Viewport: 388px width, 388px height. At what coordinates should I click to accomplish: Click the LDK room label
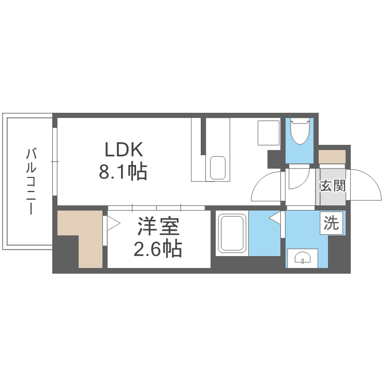(x=124, y=150)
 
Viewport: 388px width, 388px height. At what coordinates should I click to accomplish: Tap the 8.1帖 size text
(x=123, y=171)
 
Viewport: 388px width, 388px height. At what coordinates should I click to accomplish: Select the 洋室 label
(x=158, y=228)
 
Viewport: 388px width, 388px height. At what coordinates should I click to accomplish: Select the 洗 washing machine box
(x=331, y=223)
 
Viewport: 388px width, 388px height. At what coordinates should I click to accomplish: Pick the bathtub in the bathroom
(x=232, y=234)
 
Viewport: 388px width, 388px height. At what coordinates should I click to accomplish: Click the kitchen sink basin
(x=218, y=168)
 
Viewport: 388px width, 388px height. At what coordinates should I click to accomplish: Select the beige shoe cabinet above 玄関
(x=332, y=157)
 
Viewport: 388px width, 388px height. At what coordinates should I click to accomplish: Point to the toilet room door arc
(x=297, y=178)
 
